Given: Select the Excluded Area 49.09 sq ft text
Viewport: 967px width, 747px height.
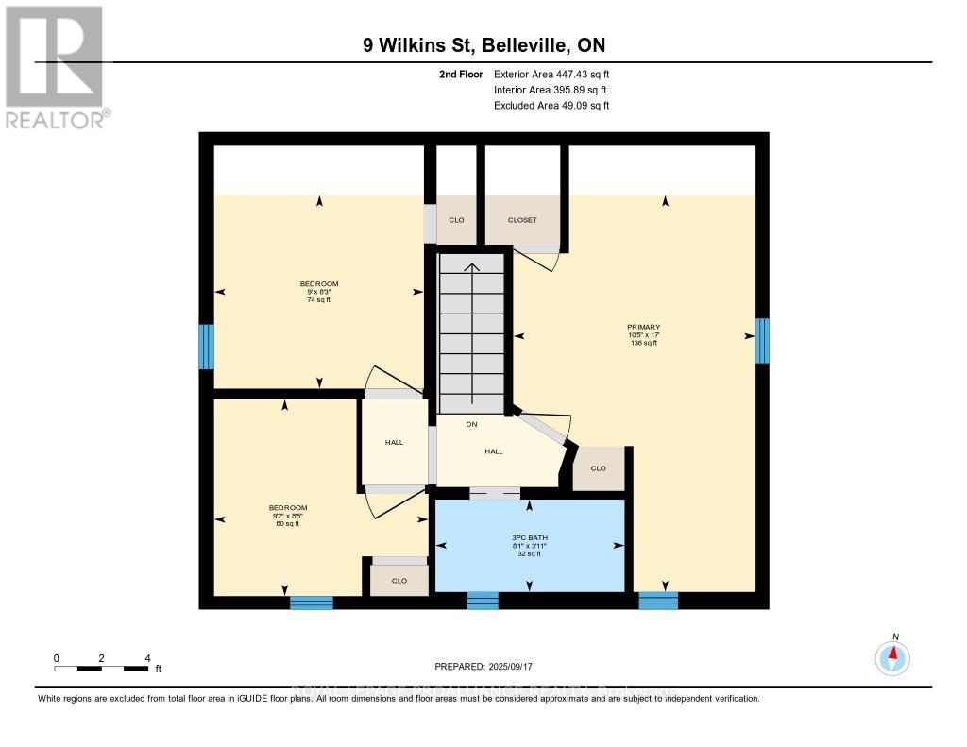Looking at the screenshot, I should coord(551,106).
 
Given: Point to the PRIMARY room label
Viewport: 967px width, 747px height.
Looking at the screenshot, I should coord(643,327).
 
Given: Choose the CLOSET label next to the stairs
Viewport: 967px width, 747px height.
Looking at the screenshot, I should coord(521,220).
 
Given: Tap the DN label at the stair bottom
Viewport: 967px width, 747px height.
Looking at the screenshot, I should coord(470,424).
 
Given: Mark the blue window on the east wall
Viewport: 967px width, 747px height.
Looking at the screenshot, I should coord(762,341).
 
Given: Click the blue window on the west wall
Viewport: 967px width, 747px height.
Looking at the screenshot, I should coord(206,347).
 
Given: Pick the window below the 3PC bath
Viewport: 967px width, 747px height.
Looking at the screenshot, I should coord(483,600).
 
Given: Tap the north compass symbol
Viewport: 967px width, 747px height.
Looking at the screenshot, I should coord(892,656).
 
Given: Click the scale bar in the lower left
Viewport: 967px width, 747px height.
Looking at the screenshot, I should coord(101,669).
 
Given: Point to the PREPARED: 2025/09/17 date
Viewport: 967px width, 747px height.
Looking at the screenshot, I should coord(483,665).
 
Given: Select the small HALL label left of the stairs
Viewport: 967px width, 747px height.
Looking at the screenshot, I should coord(394,442).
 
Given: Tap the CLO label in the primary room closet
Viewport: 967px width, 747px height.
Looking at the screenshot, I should coord(598,468).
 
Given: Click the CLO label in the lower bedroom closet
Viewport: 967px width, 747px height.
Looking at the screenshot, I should coord(399,581).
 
